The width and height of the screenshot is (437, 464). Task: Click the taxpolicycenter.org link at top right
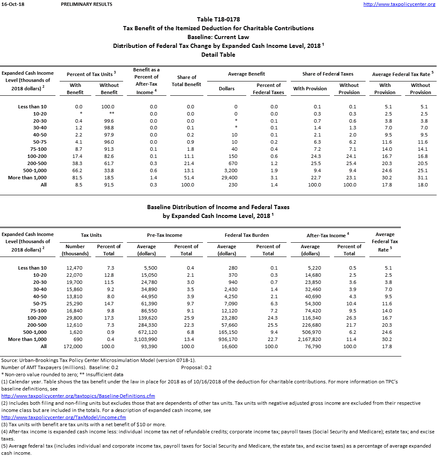399,4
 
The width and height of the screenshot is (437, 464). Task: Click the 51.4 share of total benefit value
190,178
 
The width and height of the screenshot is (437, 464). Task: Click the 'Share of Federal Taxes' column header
328,74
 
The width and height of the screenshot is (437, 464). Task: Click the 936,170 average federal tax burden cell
228,339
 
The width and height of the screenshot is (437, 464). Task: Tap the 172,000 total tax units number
74,346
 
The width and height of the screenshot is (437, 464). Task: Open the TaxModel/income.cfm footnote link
64,417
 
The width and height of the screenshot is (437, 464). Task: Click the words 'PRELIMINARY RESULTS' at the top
87,4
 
